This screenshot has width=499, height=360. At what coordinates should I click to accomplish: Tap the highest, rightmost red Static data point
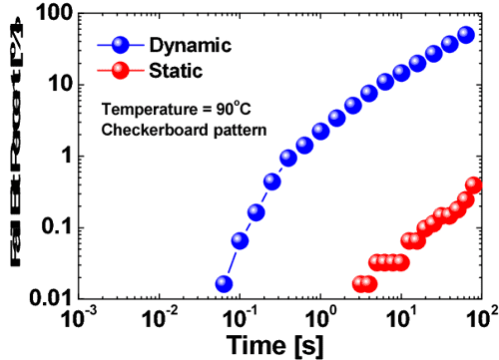pos(475,184)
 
